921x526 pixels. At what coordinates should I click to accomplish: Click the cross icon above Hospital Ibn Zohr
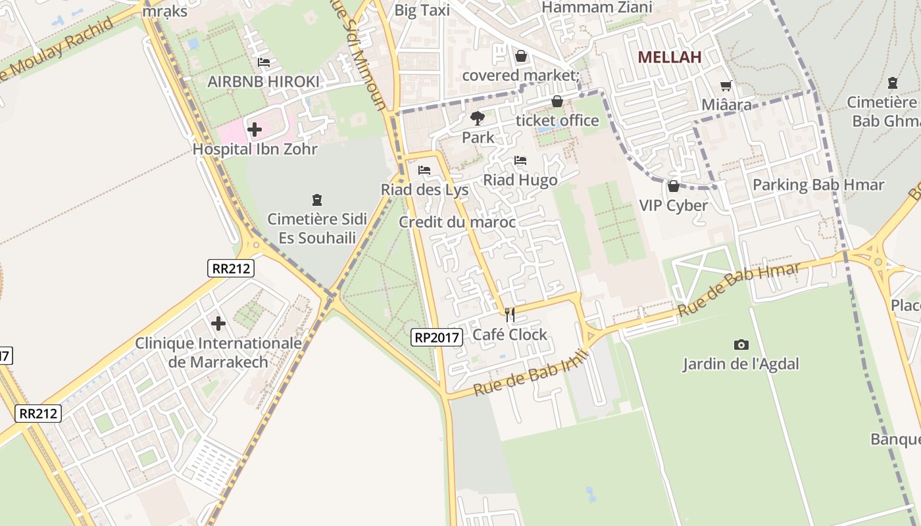pos(255,130)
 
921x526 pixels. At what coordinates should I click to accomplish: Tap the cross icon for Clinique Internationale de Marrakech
pos(218,323)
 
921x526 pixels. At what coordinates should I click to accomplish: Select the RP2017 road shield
pos(437,337)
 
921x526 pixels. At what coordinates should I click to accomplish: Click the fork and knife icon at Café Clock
pos(510,315)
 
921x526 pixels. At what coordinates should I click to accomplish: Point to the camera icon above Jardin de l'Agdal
pos(741,345)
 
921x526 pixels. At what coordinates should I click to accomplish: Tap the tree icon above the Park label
pos(478,118)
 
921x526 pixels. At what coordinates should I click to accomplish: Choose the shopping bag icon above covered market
pos(521,57)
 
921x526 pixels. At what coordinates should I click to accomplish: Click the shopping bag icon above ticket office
pos(557,101)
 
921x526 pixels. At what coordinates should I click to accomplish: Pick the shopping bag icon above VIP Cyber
pos(674,186)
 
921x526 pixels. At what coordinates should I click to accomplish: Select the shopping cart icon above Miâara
pos(726,85)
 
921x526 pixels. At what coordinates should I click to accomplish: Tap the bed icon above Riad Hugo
pos(520,160)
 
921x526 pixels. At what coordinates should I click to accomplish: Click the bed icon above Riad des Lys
pos(424,170)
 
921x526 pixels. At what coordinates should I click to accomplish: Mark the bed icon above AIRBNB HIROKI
pos(264,62)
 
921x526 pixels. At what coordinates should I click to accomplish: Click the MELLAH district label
pos(670,57)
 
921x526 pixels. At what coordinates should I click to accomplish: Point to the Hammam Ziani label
pos(597,8)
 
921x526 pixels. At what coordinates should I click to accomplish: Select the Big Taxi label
pos(422,11)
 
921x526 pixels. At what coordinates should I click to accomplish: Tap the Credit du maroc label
pos(457,222)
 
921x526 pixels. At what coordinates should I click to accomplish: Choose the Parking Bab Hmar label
pos(818,185)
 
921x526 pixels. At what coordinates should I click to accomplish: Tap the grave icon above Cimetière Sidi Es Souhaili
pos(317,200)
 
